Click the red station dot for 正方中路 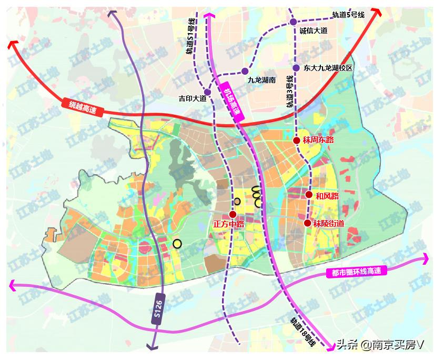(233, 215)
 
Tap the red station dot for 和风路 (309, 195)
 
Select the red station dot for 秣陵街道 (308, 223)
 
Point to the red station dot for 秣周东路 (297, 141)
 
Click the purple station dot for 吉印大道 (208, 92)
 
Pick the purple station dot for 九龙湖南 (245, 71)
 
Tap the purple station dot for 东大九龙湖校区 (296, 68)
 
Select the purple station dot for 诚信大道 (293, 22)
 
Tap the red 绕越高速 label (83, 107)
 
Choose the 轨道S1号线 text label (190, 36)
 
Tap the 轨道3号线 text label (289, 92)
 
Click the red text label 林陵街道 (329, 223)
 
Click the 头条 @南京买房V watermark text (380, 345)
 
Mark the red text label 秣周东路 (319, 140)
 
